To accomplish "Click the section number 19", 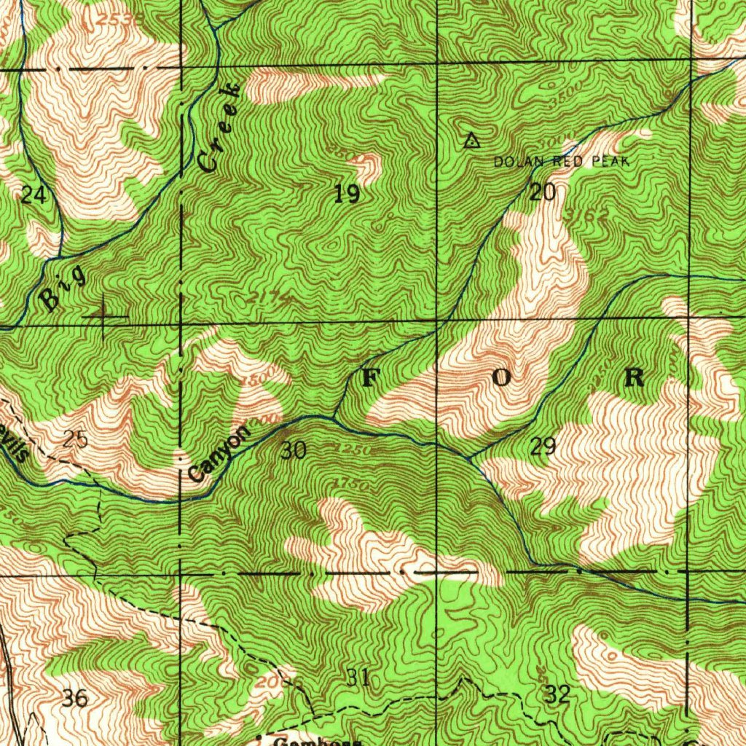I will [x=347, y=194].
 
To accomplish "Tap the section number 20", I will [x=543, y=192].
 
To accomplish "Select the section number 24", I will [x=33, y=195].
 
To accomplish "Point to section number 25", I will [x=75, y=439].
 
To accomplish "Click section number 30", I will [x=293, y=451].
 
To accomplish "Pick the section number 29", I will [x=543, y=447].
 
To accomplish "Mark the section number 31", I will [x=358, y=678].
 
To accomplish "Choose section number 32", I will [x=557, y=694].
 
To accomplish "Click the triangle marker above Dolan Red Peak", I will [x=471, y=141].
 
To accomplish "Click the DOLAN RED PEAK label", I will [x=561, y=162].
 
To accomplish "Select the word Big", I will [x=63, y=289].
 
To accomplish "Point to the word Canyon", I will [x=219, y=453].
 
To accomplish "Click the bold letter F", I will [x=371, y=377].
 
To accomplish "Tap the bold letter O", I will [x=503, y=377].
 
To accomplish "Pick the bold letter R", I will [x=634, y=377].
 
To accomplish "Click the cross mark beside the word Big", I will [x=104, y=317].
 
